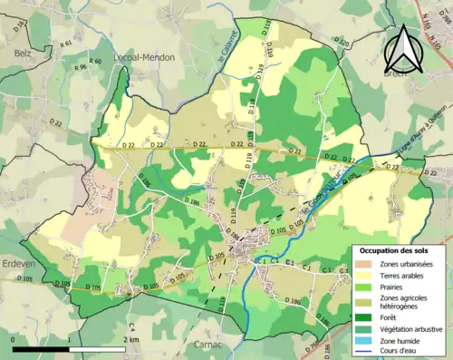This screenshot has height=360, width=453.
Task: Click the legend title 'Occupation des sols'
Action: tap(396, 249)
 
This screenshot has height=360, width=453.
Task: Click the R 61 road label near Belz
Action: tap(66, 43)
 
